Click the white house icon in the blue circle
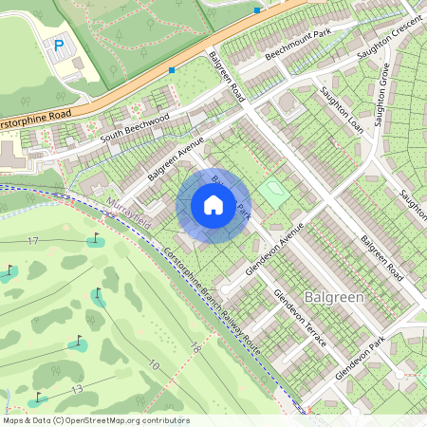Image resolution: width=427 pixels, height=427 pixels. coord(213,204)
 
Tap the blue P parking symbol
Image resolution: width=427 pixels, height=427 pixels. coord(59,45)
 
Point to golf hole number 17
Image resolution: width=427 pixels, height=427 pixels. coord(33,242)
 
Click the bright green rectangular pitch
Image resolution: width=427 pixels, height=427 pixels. coord(273,193)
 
